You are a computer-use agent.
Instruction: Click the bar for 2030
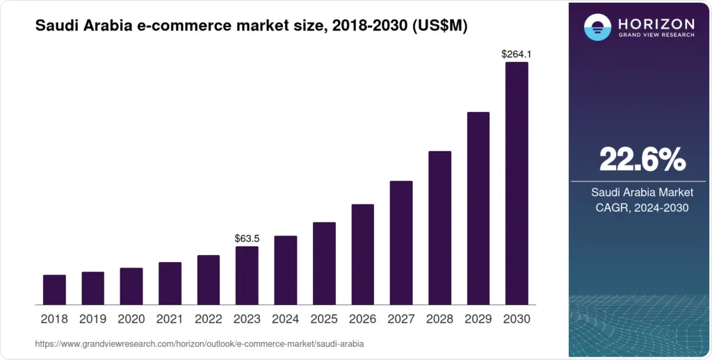pos(517,183)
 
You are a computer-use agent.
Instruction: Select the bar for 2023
pos(247,275)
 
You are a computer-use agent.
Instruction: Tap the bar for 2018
pos(54,290)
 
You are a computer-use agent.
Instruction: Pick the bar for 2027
pos(401,243)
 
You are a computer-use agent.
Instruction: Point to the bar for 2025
pos(324,263)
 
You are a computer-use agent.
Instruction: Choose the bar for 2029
pos(478,208)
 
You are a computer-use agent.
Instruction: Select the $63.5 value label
pos(247,238)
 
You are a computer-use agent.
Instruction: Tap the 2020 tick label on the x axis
pos(131,319)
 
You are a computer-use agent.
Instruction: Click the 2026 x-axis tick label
pos(363,319)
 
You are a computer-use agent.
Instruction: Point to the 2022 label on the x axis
pos(209,319)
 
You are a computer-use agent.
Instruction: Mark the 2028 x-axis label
pos(440,319)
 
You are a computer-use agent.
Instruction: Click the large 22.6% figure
pos(642,161)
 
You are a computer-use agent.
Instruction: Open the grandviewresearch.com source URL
pos(199,344)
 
